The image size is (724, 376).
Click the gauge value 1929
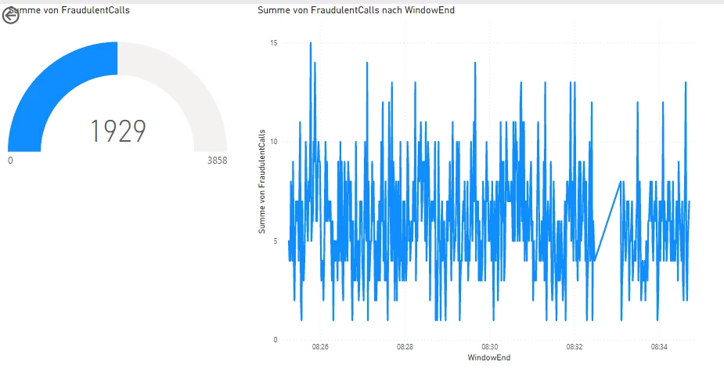118,132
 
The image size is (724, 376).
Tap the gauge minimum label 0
10,160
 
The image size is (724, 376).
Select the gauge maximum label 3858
217,160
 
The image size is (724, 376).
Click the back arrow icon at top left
10,16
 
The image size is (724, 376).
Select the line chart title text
355,10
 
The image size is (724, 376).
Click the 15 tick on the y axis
274,43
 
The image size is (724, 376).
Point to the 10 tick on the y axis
274,142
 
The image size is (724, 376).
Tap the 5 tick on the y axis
276,241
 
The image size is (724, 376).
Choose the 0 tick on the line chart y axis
276,340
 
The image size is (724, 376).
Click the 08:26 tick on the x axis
320,346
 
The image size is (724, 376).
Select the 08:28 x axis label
405,346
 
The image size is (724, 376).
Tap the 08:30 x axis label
489,346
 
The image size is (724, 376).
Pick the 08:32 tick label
574,346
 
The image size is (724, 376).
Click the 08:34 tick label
658,346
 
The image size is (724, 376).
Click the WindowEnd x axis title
488,358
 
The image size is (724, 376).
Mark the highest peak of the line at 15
311,44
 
